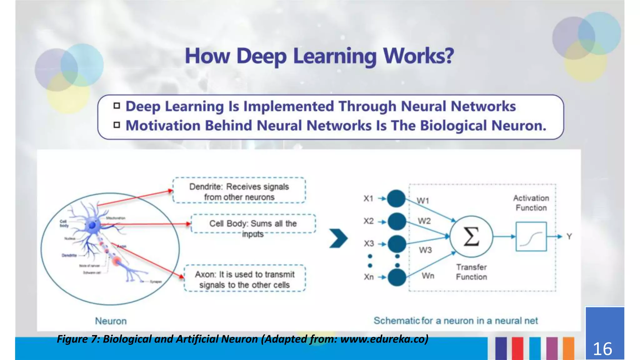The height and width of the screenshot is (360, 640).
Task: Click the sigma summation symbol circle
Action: (x=471, y=237)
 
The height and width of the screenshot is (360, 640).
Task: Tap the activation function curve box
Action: (x=531, y=237)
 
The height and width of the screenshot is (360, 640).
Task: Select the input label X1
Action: (x=368, y=198)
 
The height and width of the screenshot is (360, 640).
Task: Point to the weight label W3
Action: (x=425, y=250)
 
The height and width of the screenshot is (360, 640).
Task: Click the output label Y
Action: (x=569, y=237)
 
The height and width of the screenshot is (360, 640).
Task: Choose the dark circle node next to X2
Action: (x=397, y=222)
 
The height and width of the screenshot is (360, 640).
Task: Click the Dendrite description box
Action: (x=239, y=191)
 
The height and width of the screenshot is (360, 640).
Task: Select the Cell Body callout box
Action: (x=253, y=224)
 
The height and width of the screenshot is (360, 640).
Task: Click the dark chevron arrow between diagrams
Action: (x=338, y=238)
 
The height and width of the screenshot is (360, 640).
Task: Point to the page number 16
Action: (x=602, y=349)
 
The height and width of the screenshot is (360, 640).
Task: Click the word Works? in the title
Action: (x=418, y=56)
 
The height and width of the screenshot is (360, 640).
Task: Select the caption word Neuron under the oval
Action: (x=111, y=321)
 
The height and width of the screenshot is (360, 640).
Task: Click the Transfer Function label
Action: (x=471, y=272)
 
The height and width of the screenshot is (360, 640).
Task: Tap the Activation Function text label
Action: (x=531, y=203)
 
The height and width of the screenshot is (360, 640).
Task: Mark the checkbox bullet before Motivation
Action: (x=117, y=125)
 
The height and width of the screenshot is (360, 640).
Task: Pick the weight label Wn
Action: (x=428, y=276)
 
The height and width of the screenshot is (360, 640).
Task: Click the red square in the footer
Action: (x=517, y=348)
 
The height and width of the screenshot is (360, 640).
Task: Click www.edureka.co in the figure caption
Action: (x=383, y=339)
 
